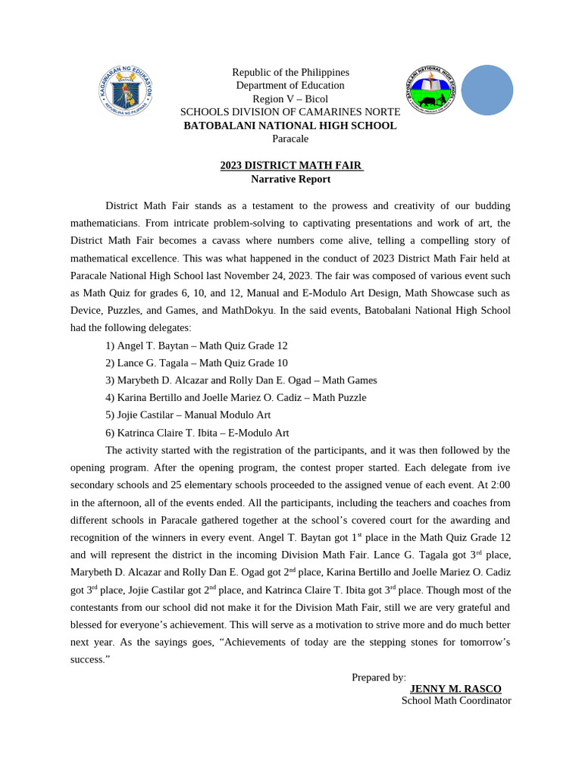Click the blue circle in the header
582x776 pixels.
point(487,90)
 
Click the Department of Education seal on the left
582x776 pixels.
point(126,91)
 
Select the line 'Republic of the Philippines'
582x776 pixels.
point(290,72)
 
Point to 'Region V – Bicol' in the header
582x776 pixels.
point(290,99)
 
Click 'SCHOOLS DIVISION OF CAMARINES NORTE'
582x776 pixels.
point(290,112)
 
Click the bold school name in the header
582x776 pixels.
point(290,125)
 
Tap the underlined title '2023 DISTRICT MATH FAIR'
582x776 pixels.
point(292,165)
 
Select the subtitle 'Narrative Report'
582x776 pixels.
point(290,179)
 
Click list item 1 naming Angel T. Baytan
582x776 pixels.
point(196,346)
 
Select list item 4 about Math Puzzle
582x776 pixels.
point(236,398)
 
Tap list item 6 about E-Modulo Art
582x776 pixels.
point(197,433)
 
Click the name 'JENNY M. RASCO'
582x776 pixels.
point(455,689)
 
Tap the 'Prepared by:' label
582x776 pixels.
point(379,677)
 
